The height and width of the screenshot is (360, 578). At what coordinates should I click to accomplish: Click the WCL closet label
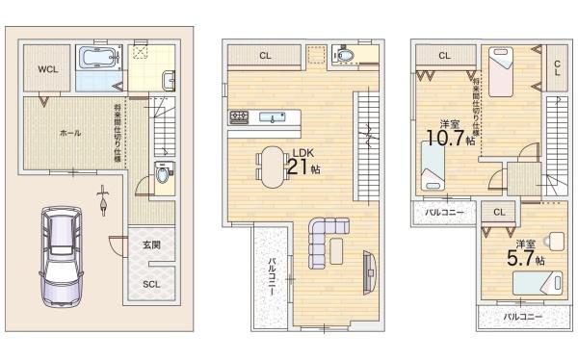(x=47, y=70)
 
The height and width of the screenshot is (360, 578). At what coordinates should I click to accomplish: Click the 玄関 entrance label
(x=151, y=244)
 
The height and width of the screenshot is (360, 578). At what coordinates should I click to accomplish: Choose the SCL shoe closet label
(x=152, y=284)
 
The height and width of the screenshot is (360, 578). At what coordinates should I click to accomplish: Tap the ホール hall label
(x=70, y=132)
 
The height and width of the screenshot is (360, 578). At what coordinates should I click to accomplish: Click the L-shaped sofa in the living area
(x=324, y=240)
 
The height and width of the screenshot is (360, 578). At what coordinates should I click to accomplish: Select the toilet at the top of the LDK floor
(x=346, y=56)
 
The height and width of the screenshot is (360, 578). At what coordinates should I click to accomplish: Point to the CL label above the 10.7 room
(x=444, y=56)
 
